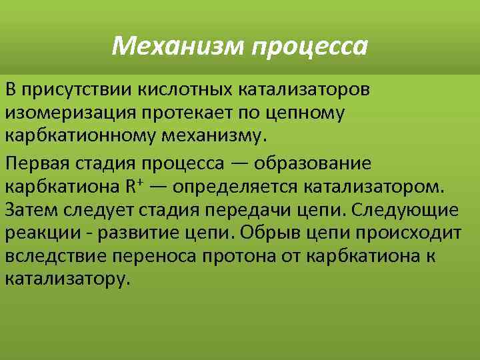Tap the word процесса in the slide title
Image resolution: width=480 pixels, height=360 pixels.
[311, 47]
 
